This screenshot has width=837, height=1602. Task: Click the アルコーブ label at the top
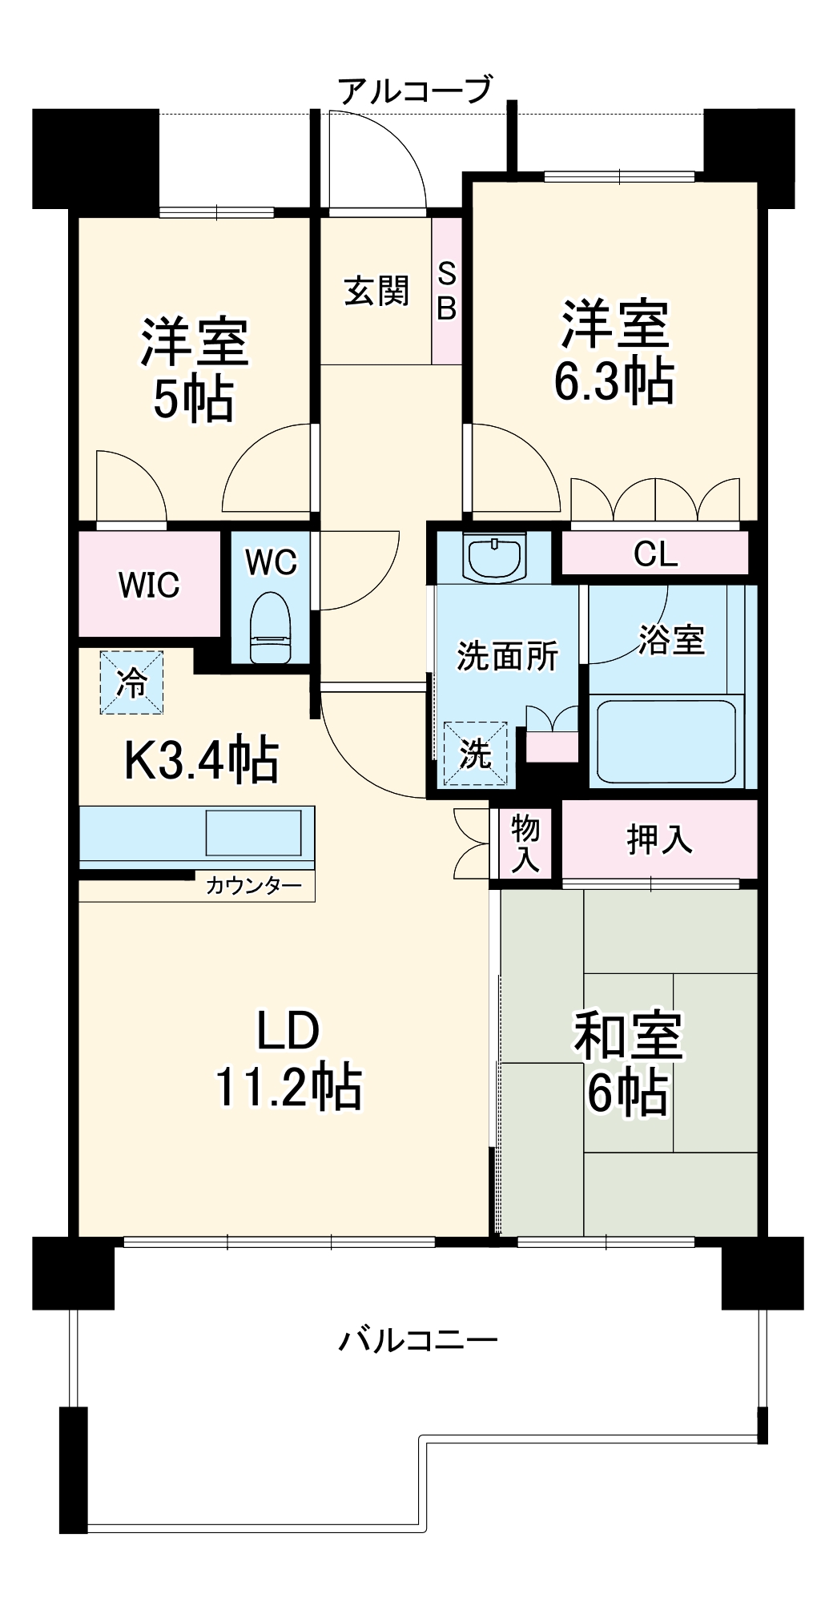pyautogui.click(x=414, y=91)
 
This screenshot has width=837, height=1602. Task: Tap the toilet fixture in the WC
pyautogui.click(x=270, y=629)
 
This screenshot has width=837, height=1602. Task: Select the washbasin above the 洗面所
pyautogui.click(x=494, y=557)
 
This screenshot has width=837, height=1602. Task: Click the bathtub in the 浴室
pyautogui.click(x=666, y=742)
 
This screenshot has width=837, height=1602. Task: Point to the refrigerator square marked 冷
pyautogui.click(x=131, y=682)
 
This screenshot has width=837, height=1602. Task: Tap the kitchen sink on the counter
pyautogui.click(x=253, y=833)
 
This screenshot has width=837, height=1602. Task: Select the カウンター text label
pyautogui.click(x=254, y=886)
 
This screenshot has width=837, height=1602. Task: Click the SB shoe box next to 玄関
pyautogui.click(x=447, y=291)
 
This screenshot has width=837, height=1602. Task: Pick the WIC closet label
pyautogui.click(x=149, y=585)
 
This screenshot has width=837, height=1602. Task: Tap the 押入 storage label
pyautogui.click(x=659, y=839)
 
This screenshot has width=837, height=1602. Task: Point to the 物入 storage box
pyautogui.click(x=525, y=843)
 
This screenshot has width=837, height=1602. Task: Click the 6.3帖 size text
pyautogui.click(x=614, y=382)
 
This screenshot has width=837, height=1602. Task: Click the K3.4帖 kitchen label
pyautogui.click(x=201, y=760)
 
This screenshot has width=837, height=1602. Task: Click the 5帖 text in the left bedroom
pyautogui.click(x=193, y=399)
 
